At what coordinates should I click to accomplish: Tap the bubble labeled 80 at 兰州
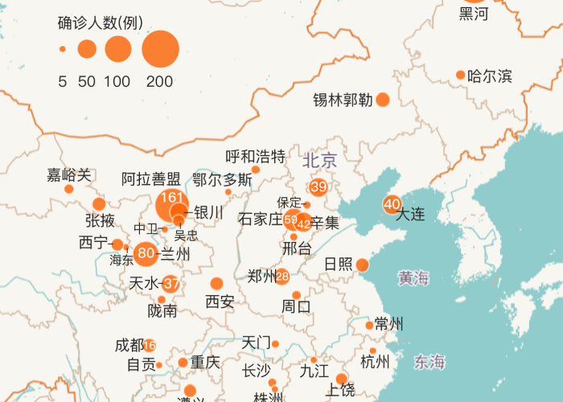point(146,254)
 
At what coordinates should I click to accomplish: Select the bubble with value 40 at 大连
point(392,204)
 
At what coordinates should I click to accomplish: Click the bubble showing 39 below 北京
point(318,187)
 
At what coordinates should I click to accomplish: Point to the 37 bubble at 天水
point(171,283)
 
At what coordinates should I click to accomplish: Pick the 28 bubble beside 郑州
point(282,277)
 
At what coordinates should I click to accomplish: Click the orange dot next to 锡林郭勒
point(383,100)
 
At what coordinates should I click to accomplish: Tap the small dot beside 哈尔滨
point(461,76)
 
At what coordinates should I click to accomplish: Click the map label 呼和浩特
point(255,156)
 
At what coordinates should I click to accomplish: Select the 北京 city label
point(320,160)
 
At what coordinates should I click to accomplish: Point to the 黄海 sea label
point(413,279)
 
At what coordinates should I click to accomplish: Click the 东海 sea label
point(429,362)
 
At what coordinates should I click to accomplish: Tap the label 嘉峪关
point(69,174)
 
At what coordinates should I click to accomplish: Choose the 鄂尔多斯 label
point(222,179)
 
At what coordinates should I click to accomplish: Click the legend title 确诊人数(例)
point(101,23)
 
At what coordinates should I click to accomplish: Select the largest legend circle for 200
point(160,49)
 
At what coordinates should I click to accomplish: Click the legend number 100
point(117,80)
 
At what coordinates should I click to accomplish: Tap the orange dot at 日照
point(363,265)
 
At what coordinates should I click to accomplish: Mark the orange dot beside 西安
point(216,283)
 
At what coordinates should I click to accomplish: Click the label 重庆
point(205,362)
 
